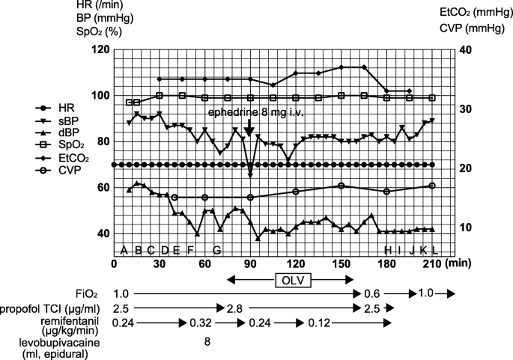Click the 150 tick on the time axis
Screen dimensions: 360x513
tap(341, 263)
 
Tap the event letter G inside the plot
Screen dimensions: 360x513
tap(217, 249)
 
